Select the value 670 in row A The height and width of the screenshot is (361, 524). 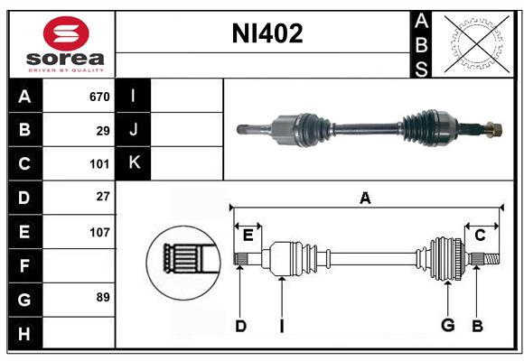[98, 97]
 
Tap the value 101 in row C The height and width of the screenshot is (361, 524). [98, 164]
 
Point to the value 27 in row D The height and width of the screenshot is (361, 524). [103, 198]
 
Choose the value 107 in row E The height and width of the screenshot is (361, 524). [98, 232]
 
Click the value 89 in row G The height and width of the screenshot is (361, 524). [103, 297]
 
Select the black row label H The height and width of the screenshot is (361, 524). [24, 333]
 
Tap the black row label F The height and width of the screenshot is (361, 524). [24, 265]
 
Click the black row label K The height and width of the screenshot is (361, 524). [134, 163]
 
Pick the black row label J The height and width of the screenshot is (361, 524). [134, 130]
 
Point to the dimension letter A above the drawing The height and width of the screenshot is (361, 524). [365, 199]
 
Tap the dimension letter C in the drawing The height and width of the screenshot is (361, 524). [480, 236]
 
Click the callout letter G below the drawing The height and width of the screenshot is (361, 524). [447, 324]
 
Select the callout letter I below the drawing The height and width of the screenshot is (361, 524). [282, 326]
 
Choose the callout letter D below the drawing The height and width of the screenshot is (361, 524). [240, 325]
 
